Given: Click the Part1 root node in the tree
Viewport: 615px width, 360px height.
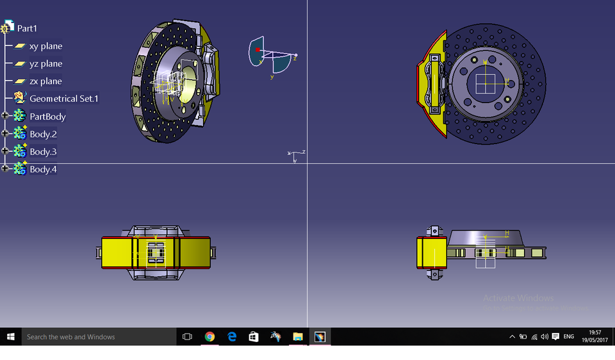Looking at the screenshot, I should [x=27, y=28].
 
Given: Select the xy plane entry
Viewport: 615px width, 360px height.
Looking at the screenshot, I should [x=45, y=46].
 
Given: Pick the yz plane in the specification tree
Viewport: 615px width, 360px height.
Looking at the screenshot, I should [x=45, y=63].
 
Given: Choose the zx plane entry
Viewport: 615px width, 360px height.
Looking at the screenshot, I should [x=45, y=81].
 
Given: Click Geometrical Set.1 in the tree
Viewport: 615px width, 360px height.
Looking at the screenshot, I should [x=63, y=99].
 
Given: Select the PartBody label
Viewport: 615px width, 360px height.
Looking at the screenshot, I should [x=47, y=117].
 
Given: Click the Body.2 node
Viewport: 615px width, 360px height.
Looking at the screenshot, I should [x=43, y=134].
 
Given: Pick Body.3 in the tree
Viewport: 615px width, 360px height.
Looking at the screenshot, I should [x=43, y=152].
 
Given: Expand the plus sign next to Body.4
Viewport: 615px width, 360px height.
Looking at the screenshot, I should [x=6, y=168].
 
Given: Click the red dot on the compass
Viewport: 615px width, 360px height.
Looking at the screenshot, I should [x=258, y=49].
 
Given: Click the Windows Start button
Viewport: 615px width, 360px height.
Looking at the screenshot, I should [x=11, y=336].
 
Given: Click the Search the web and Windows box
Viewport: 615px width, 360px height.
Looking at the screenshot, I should [x=96, y=336].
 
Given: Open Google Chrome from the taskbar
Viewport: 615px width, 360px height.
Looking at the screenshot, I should [x=209, y=336].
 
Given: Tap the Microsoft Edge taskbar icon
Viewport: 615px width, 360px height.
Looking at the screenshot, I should [x=232, y=336].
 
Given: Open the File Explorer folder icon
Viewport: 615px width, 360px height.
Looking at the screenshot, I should [x=298, y=336].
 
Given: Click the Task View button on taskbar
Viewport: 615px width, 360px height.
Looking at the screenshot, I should [x=187, y=336].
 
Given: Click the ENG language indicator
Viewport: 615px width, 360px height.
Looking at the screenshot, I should [x=568, y=336].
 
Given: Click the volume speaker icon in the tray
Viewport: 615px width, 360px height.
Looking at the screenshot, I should [x=545, y=336].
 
